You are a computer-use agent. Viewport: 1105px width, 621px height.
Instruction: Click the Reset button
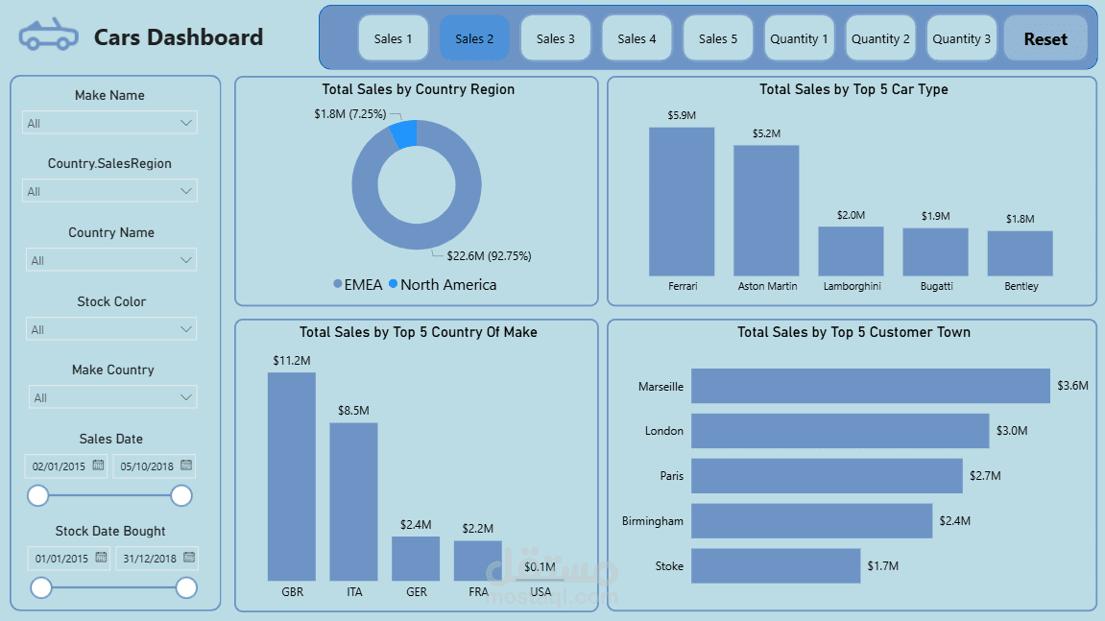(x=1045, y=39)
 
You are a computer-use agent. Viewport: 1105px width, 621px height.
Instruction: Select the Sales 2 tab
(x=474, y=38)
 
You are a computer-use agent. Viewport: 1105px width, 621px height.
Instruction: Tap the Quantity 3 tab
(x=962, y=38)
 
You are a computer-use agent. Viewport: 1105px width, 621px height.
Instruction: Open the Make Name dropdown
(x=109, y=123)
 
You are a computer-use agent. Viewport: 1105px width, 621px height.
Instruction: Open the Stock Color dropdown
(x=111, y=329)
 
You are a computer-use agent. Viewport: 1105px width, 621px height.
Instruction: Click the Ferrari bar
(x=682, y=202)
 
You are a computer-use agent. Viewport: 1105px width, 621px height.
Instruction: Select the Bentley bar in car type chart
(x=1020, y=253)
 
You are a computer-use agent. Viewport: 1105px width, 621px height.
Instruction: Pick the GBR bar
(x=292, y=476)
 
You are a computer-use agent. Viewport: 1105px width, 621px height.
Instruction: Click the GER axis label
(x=417, y=592)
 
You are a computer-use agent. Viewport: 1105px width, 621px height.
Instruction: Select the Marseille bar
(x=870, y=386)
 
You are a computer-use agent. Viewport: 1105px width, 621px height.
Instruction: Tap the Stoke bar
(x=775, y=565)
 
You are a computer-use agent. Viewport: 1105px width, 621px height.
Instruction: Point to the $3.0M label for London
(x=1012, y=431)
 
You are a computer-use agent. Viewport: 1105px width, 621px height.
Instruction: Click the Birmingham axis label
(x=653, y=521)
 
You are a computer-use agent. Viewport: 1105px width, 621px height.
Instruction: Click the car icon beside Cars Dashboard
(x=48, y=36)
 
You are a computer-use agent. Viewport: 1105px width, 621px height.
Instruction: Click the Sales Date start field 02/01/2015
(x=59, y=466)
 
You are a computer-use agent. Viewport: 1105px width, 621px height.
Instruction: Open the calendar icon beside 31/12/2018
(x=189, y=558)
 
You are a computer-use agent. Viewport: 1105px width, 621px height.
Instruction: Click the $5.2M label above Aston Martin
(x=766, y=133)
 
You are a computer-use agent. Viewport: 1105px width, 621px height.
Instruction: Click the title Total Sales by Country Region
(x=418, y=89)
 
